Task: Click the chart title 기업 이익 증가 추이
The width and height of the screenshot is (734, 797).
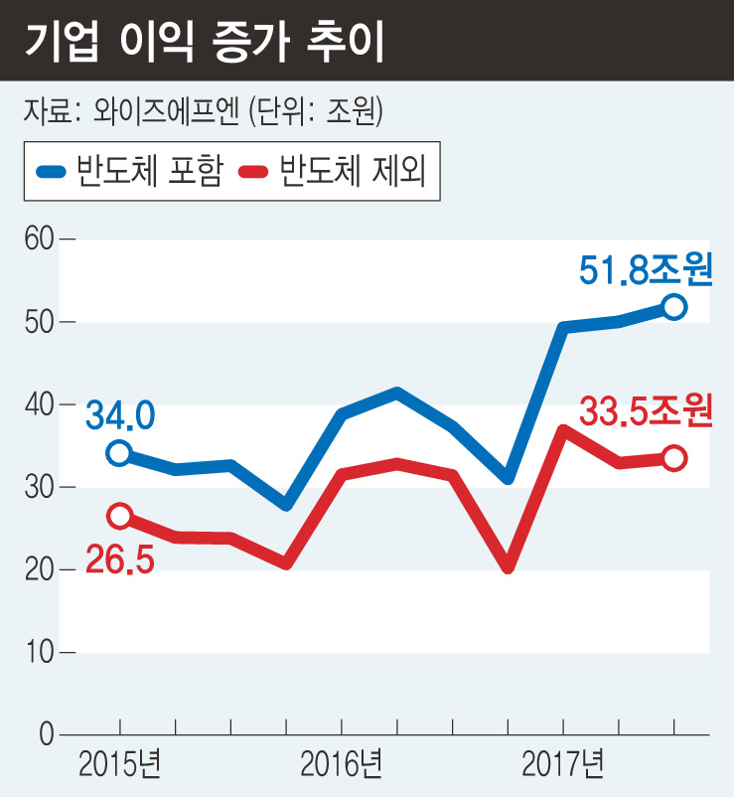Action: tap(204, 42)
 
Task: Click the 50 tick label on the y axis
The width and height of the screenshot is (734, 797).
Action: tap(39, 322)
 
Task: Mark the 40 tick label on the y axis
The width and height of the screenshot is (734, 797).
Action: tap(39, 404)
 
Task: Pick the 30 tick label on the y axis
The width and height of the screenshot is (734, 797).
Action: tap(39, 487)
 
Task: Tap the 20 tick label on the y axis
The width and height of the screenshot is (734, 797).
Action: tap(39, 569)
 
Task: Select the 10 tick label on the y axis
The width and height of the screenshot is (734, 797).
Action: tap(40, 652)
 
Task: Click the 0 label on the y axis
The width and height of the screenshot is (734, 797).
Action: tap(47, 735)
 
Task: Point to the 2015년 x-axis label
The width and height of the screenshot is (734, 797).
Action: tap(120, 764)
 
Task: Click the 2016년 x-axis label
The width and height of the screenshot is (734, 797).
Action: tap(342, 764)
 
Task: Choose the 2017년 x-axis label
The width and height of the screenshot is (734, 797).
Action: tap(563, 764)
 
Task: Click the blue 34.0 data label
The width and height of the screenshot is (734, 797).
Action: tap(120, 415)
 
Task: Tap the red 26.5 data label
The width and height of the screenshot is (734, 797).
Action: tap(120, 560)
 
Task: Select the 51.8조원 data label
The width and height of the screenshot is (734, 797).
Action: tap(647, 269)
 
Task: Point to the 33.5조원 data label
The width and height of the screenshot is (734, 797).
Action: tap(647, 410)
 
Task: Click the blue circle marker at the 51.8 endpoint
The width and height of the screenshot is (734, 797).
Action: tap(674, 307)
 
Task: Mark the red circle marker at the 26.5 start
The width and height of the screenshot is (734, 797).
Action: tap(120, 516)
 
